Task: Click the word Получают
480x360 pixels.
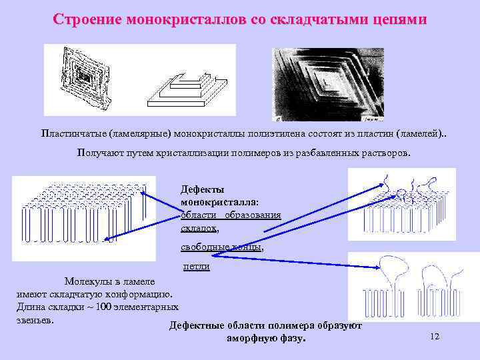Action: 100,153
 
